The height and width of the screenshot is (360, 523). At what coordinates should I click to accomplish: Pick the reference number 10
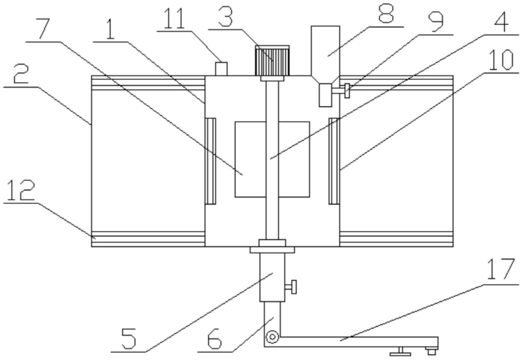501,60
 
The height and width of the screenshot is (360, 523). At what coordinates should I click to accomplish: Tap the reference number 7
45,29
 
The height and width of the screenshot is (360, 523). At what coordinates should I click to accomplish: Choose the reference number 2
21,74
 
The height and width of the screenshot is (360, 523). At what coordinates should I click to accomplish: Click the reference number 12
21,191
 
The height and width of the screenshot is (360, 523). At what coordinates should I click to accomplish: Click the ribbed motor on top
272,60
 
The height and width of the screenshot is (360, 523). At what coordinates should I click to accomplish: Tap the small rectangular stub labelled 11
221,69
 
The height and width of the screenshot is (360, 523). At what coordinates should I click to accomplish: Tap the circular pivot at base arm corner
272,337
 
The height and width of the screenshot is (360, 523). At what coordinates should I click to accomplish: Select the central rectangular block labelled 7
272,159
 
